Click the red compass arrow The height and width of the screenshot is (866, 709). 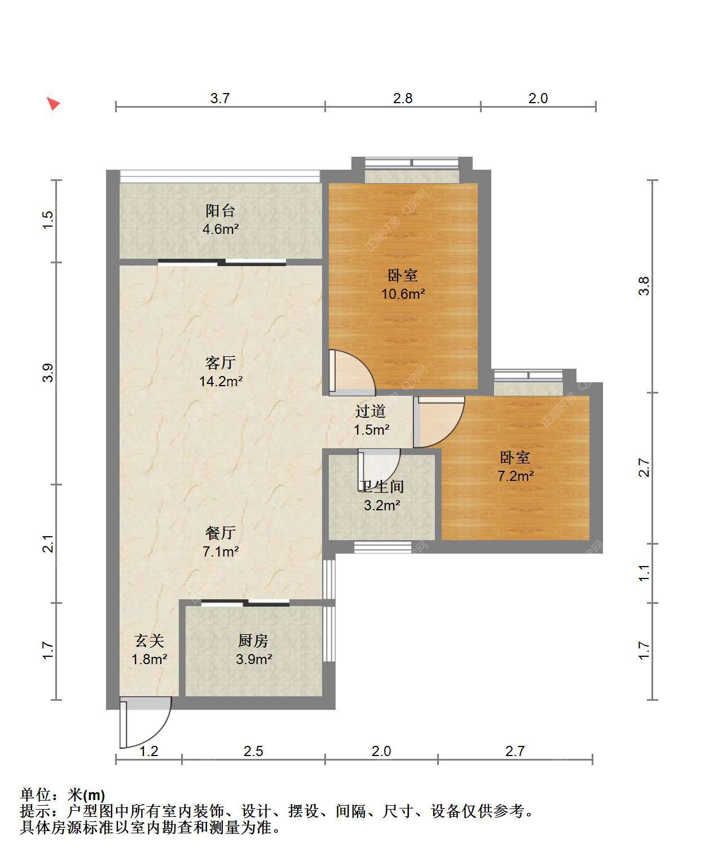(x=53, y=104)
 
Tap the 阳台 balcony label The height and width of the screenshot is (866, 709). (x=220, y=211)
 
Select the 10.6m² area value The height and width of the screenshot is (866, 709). (x=403, y=294)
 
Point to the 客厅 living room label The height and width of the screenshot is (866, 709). (x=221, y=363)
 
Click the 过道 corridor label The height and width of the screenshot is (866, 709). (x=371, y=411)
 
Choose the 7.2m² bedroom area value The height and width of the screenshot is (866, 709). (x=516, y=476)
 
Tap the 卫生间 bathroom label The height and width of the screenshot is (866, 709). (x=381, y=487)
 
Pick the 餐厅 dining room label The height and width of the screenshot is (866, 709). (x=221, y=533)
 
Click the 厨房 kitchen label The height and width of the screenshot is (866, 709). (x=253, y=641)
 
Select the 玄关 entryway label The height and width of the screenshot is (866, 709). (x=149, y=641)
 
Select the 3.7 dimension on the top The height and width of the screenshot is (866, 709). (x=220, y=98)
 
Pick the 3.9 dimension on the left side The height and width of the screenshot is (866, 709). (x=47, y=373)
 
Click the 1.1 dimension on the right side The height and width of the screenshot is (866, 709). (x=644, y=573)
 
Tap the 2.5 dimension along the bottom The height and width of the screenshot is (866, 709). (x=253, y=751)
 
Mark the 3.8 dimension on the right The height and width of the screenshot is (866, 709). (x=644, y=286)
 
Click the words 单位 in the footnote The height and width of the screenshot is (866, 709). (x=36, y=795)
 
